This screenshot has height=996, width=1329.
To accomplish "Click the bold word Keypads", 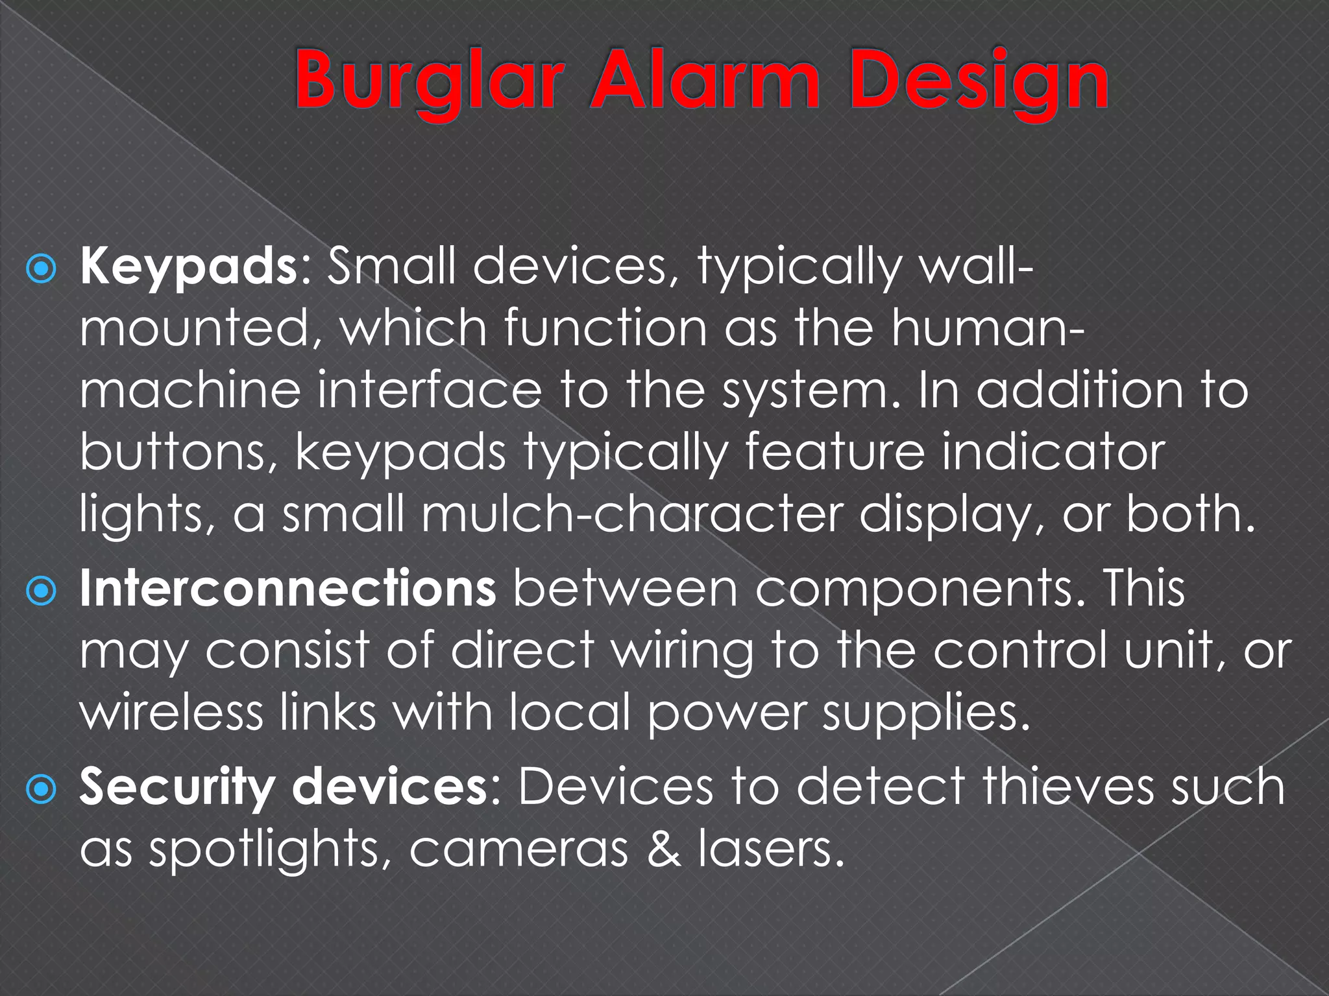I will tap(188, 267).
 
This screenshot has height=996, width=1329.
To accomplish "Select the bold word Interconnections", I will tap(288, 587).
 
